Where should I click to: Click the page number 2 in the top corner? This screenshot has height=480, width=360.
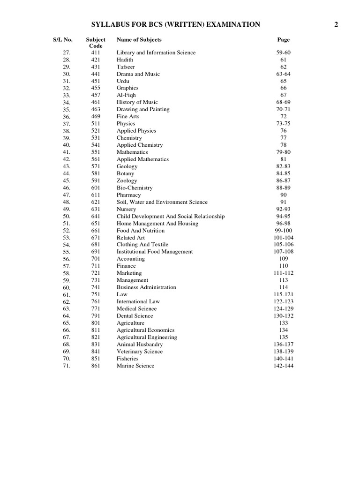(x=336, y=24)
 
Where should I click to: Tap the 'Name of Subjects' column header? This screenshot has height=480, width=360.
(x=139, y=40)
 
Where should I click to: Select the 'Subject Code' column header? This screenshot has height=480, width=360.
(x=96, y=43)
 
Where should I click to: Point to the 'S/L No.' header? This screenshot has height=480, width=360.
(x=62, y=40)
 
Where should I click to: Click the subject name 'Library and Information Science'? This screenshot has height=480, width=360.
(x=156, y=52)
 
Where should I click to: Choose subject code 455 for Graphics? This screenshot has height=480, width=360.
(x=96, y=88)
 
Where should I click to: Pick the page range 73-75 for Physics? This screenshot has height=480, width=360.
(x=284, y=124)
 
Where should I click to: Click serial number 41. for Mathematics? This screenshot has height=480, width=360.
(x=66, y=152)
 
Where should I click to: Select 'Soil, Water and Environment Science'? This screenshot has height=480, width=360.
(x=162, y=202)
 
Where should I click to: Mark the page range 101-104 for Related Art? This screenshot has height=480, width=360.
(x=284, y=238)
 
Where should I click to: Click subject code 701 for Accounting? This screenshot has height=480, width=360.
(x=96, y=259)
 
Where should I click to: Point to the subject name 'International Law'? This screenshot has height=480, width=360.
(x=138, y=301)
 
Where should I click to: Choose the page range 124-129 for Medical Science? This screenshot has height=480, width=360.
(x=284, y=309)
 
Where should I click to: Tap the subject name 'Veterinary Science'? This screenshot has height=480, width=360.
(x=140, y=352)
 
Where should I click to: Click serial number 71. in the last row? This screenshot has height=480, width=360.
(x=66, y=366)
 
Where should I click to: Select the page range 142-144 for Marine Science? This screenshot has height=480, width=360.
(x=284, y=366)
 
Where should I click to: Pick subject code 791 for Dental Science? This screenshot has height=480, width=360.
(x=96, y=316)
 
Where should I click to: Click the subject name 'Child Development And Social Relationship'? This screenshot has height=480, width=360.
(x=171, y=216)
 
